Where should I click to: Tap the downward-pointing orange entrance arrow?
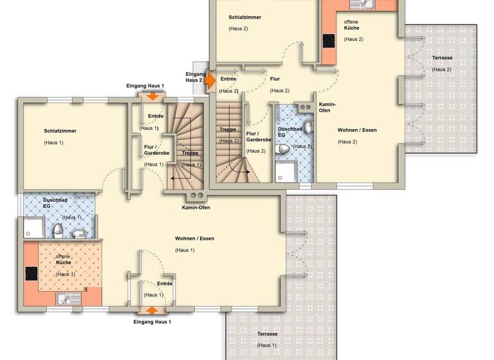point(153,96)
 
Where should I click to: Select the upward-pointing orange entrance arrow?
point(152,310)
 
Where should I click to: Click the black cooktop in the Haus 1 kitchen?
point(30,273)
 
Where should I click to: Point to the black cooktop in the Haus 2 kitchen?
point(328,40)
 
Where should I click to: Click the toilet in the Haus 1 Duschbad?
point(58,230)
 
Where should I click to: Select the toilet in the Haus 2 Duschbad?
point(284,149)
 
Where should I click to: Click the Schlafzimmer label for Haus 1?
point(60,130)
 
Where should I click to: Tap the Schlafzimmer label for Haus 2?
point(244,17)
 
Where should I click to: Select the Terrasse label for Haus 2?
point(441,59)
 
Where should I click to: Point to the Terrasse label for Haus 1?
point(267,334)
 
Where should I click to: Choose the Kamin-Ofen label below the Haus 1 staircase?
point(196,208)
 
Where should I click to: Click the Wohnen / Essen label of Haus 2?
point(357,130)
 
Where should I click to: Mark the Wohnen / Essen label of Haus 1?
point(194,239)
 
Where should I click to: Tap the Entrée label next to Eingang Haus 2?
point(229,79)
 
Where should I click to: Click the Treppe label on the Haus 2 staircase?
point(228,129)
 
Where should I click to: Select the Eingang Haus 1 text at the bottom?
point(152,321)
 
